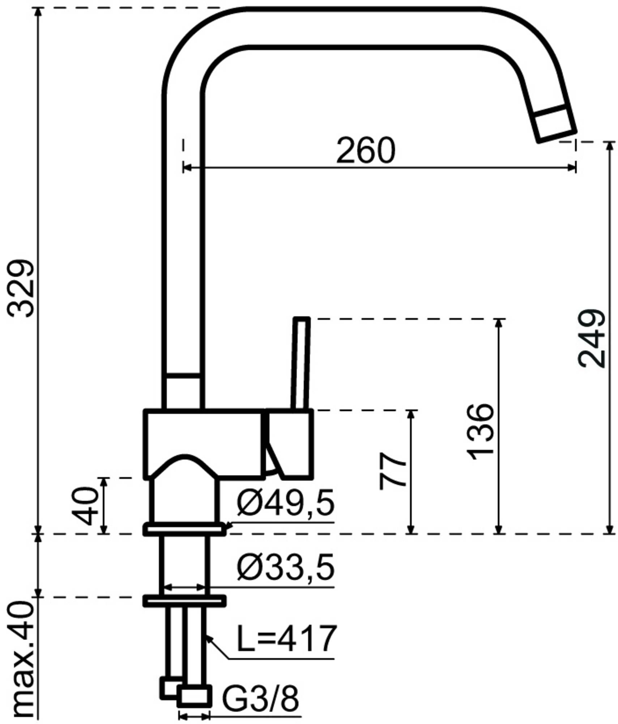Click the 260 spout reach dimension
point(366,150)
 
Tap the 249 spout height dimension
point(592,338)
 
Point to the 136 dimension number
point(480,432)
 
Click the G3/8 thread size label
point(260,698)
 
